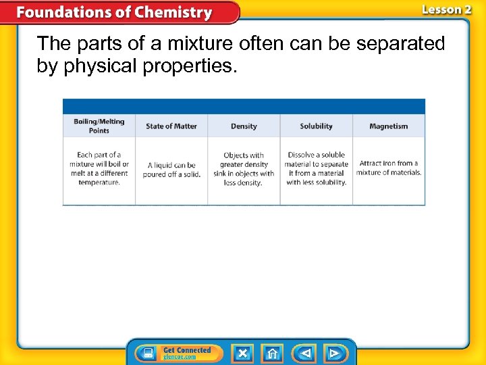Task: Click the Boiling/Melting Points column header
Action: [99, 126]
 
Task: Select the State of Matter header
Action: [171, 126]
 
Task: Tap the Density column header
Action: [244, 126]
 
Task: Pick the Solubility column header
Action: [316, 126]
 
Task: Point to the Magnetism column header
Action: [389, 126]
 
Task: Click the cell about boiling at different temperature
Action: [99, 168]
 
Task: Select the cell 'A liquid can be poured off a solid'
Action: [171, 169]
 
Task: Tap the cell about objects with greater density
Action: [244, 169]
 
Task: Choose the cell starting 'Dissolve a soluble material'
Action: [316, 168]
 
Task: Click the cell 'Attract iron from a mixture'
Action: [389, 168]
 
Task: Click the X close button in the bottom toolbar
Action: [242, 353]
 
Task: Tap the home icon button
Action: [273, 353]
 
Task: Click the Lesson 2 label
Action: [446, 9]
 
